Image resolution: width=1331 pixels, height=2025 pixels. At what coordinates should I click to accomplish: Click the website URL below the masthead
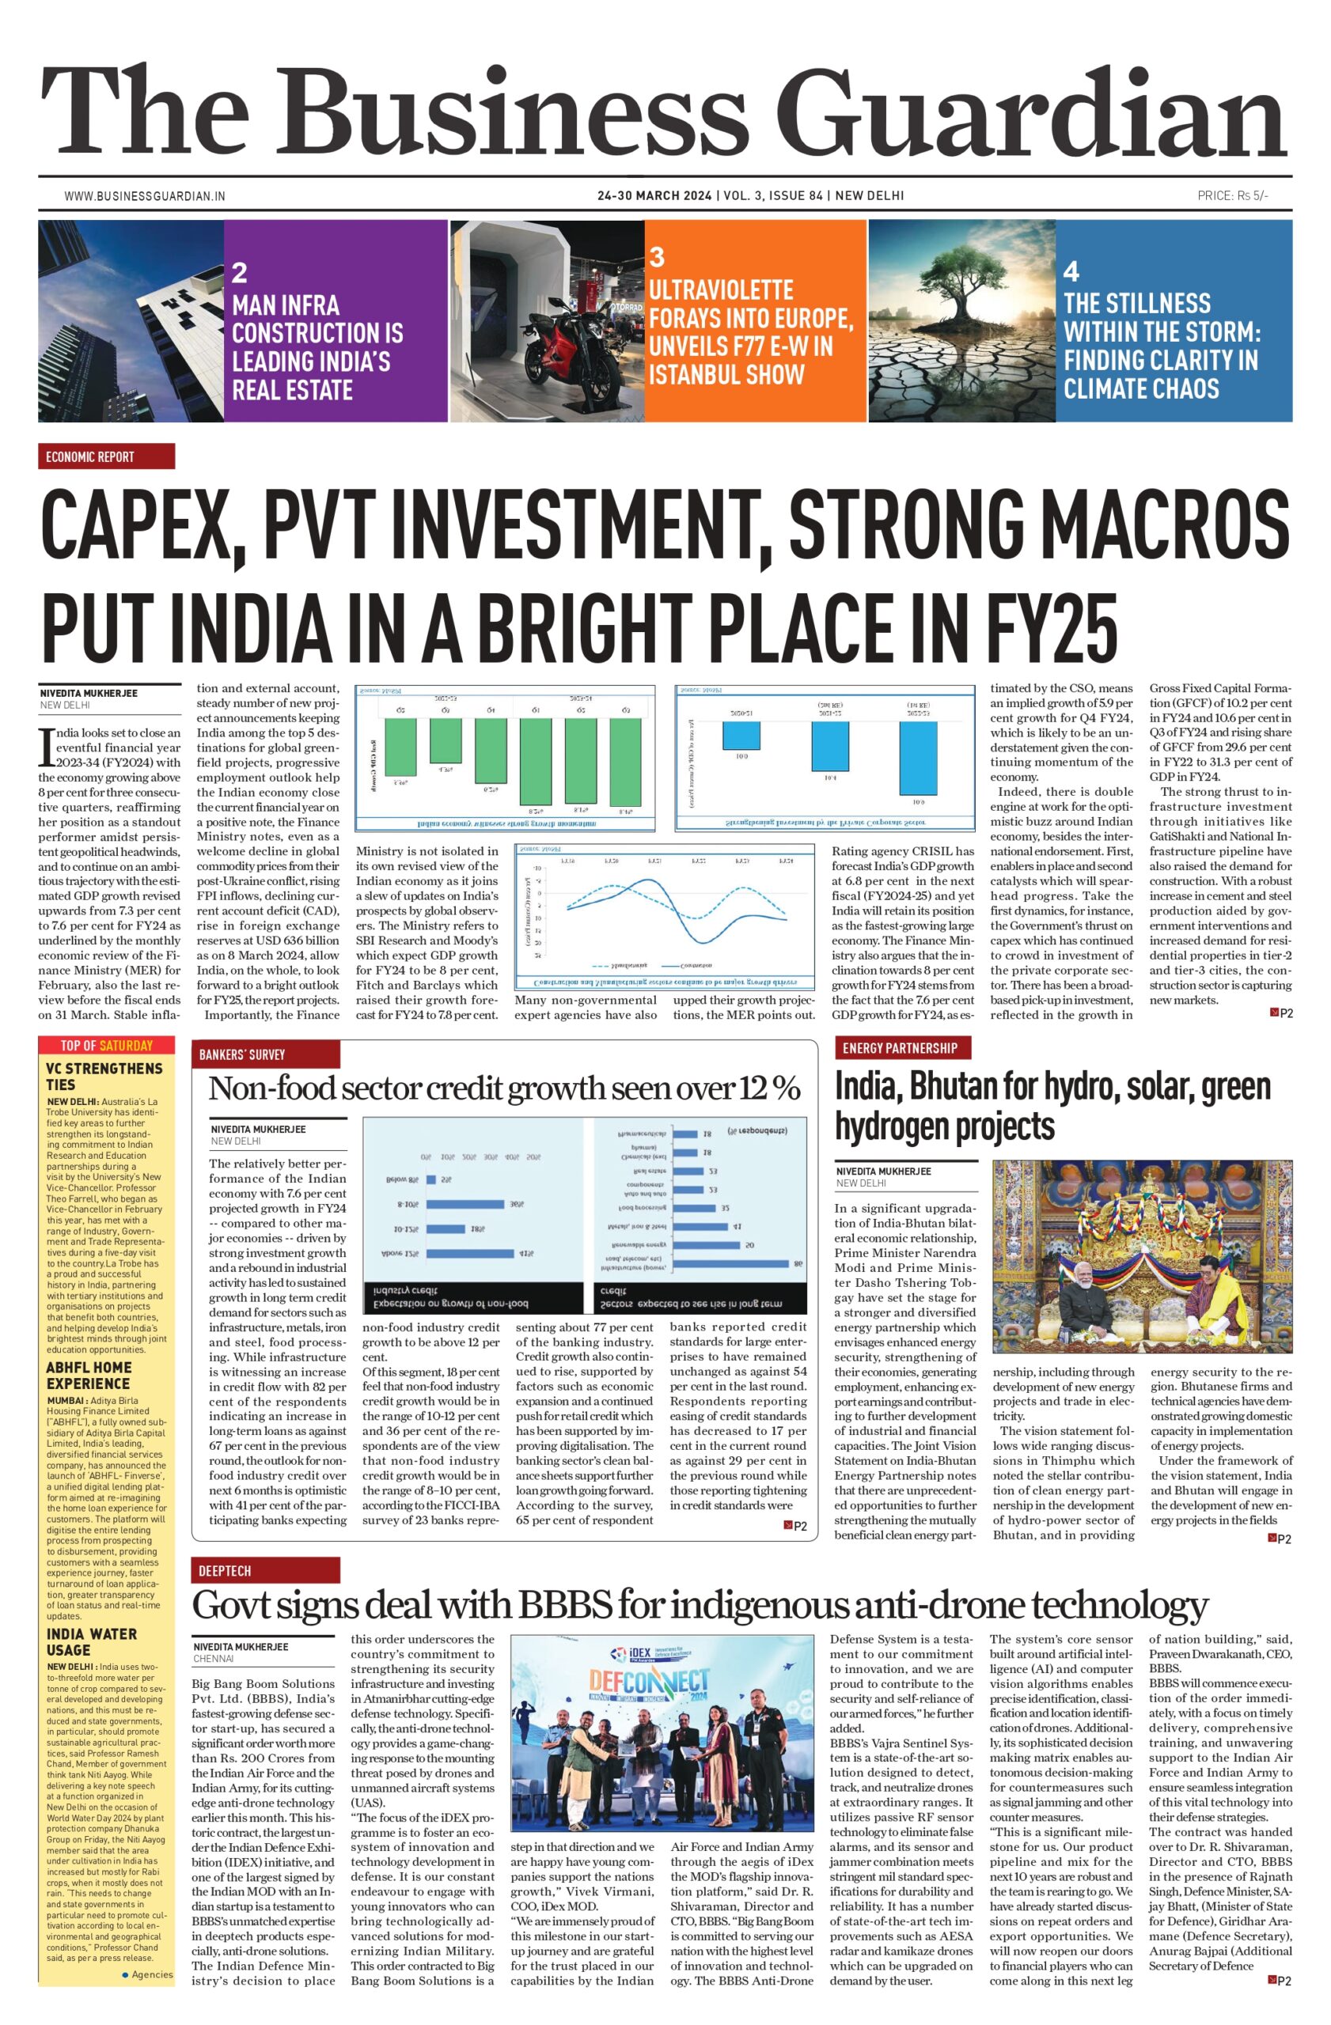point(145,195)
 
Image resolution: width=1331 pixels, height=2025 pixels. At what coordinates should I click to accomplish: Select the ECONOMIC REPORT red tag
point(106,457)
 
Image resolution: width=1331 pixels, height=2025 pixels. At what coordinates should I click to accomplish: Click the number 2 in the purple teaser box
point(239,272)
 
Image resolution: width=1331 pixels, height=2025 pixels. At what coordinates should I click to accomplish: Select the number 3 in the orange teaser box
point(656,257)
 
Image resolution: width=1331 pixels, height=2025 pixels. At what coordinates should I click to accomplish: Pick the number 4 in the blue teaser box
point(1071,271)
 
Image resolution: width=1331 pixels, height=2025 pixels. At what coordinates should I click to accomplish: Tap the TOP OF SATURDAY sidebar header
point(106,1046)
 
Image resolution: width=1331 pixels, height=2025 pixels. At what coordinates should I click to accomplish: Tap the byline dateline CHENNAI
point(214,1658)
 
